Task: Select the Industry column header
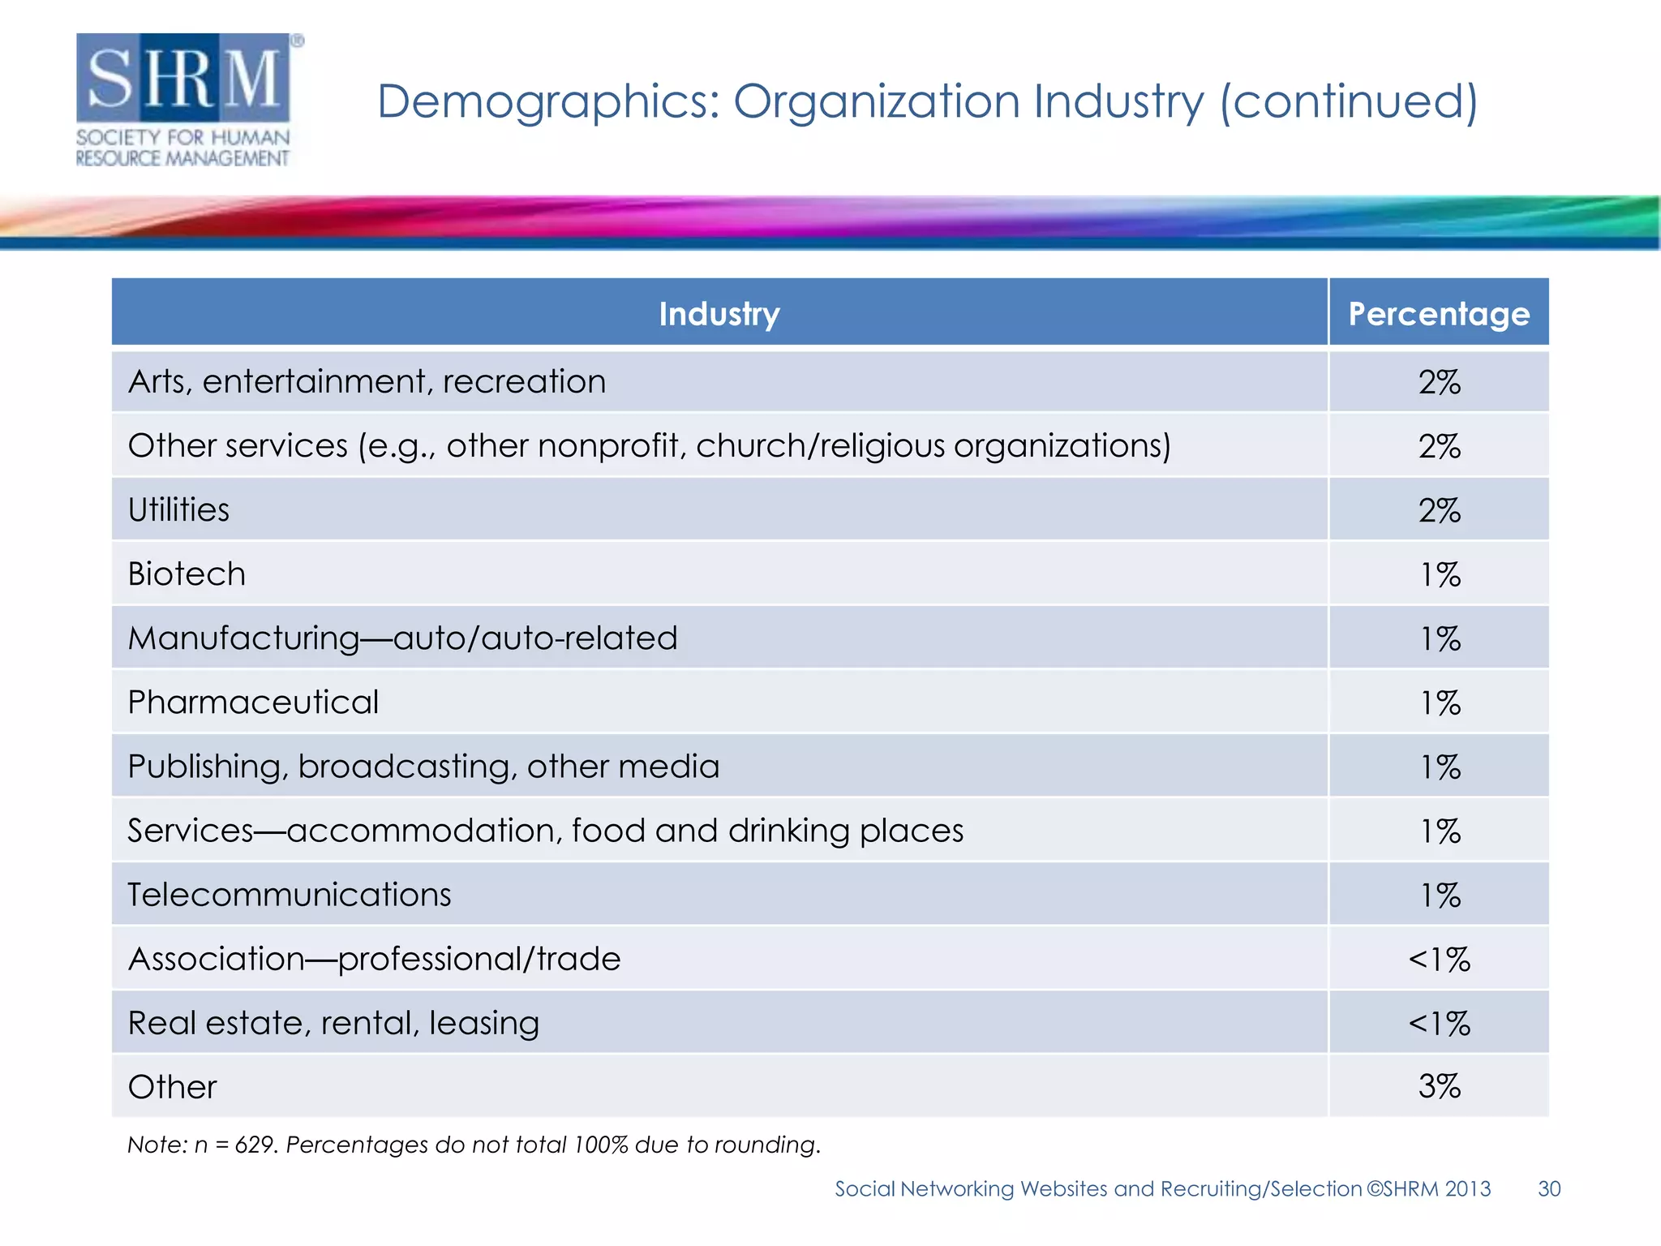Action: coord(719,314)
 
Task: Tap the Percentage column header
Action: coord(1438,314)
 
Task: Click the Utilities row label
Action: coord(178,510)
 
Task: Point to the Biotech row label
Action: coord(187,574)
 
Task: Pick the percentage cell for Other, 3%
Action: coord(1439,1086)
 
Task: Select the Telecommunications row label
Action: coord(289,895)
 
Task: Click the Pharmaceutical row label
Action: coord(253,702)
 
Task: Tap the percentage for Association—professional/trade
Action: coord(1439,959)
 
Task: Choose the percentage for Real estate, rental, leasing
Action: coord(1439,1023)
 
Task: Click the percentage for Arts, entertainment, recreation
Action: coord(1439,382)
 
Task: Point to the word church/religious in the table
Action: coord(819,446)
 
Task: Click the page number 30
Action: coord(1548,1188)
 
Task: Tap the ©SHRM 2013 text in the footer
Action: coord(1428,1188)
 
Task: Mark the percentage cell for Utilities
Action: coord(1439,510)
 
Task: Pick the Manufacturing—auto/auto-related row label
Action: coord(402,638)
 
